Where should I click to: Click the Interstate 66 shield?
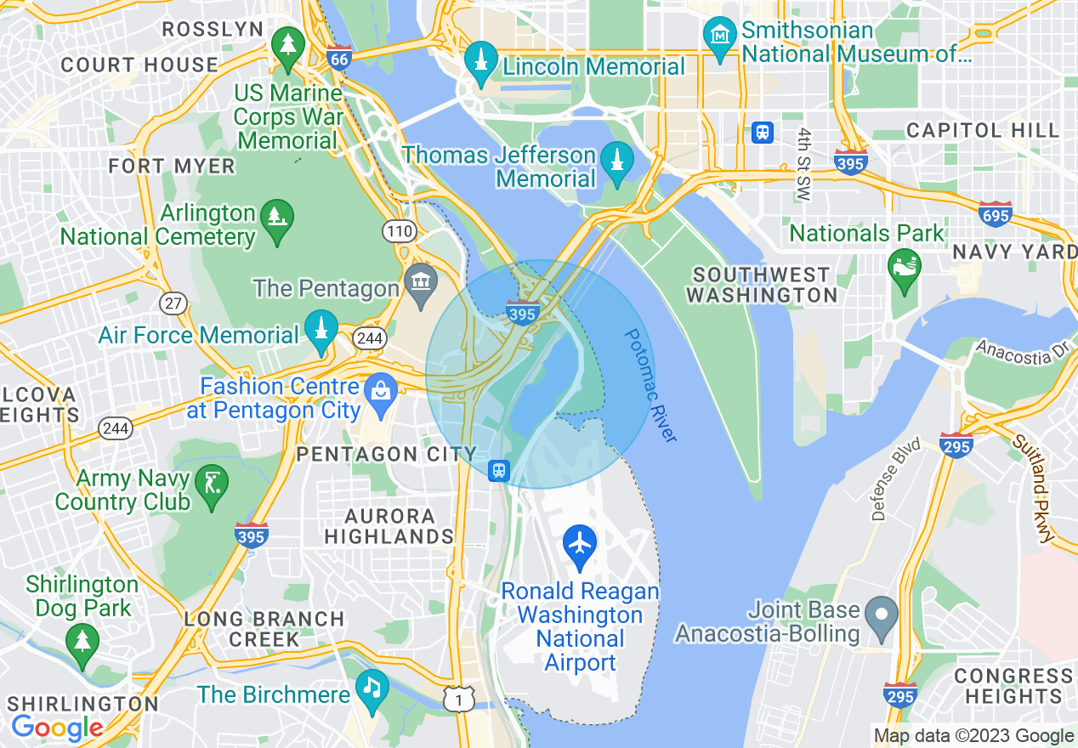tap(338, 58)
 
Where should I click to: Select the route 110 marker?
tap(399, 231)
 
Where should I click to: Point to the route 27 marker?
tap(173, 303)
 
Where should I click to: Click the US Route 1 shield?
tap(459, 699)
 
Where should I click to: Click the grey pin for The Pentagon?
tap(421, 286)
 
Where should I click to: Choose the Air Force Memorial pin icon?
tap(321, 331)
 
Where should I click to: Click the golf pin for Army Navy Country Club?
tap(210, 484)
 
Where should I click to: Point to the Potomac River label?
tap(650, 385)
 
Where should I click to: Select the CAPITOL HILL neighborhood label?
tap(983, 130)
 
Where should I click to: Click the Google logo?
tap(57, 728)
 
